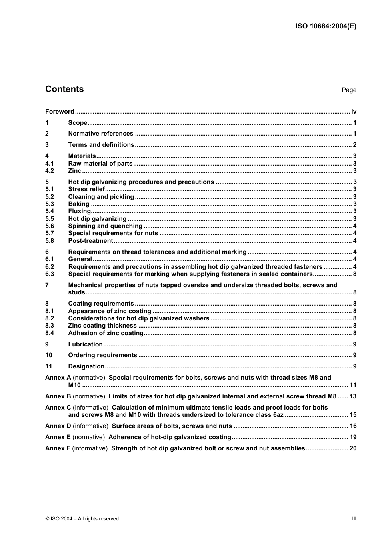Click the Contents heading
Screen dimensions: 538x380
64,89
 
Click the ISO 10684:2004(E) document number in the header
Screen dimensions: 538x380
326,26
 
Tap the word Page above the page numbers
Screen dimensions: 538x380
349,90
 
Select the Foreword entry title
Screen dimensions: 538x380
60,112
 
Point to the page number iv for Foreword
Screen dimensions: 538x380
354,112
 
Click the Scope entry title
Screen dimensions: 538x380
78,123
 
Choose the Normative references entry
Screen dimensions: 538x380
100,134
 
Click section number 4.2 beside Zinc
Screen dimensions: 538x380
50,171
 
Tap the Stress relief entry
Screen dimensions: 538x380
86,189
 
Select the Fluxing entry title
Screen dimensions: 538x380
80,211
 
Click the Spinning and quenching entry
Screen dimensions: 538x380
105,226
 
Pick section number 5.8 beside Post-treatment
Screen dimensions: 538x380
50,241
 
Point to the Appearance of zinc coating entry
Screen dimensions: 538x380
110,311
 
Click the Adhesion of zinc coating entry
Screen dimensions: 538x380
106,333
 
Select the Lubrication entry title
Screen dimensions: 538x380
85,344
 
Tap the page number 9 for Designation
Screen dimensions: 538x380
354,366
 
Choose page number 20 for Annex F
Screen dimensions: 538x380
353,448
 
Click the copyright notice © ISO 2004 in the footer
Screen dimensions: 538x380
82,519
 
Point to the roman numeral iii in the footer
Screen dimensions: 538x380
354,518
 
